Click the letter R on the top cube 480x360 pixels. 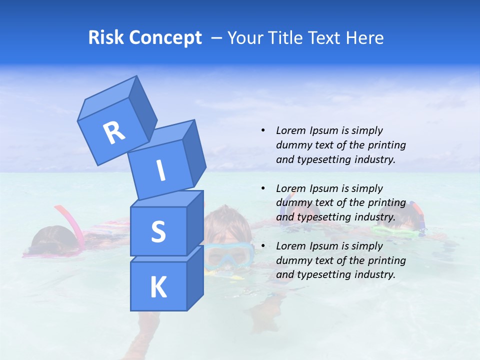point(114,133)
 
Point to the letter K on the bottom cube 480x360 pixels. point(158,287)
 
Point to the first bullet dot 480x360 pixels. point(263,130)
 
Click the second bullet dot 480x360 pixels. point(263,188)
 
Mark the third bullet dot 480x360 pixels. point(263,246)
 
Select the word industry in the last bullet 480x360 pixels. point(375,274)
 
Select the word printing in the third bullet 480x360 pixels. point(386,260)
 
